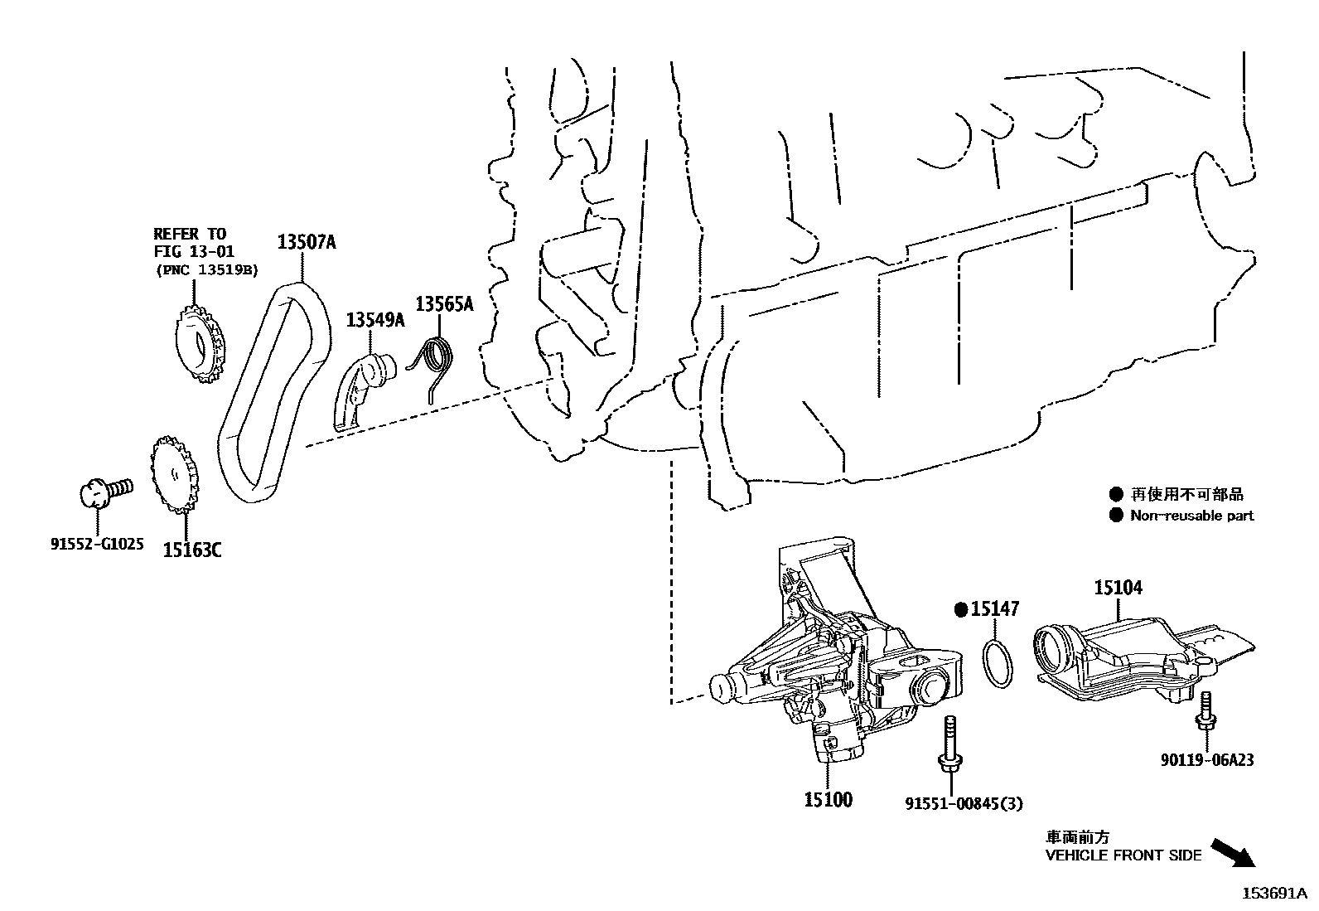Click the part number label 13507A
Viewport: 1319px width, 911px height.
[x=307, y=242]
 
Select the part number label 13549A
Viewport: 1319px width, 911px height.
[x=375, y=320]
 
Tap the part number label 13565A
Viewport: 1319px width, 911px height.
[x=445, y=304]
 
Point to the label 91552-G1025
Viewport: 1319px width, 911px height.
[x=97, y=544]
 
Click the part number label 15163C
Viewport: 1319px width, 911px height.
[x=192, y=550]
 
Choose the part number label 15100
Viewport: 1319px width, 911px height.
[x=828, y=800]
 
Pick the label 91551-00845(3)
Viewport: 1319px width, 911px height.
[x=964, y=803]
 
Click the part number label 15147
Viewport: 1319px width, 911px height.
[x=994, y=608]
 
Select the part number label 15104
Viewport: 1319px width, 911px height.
[x=1118, y=588]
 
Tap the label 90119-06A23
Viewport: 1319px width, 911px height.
[x=1207, y=759]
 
